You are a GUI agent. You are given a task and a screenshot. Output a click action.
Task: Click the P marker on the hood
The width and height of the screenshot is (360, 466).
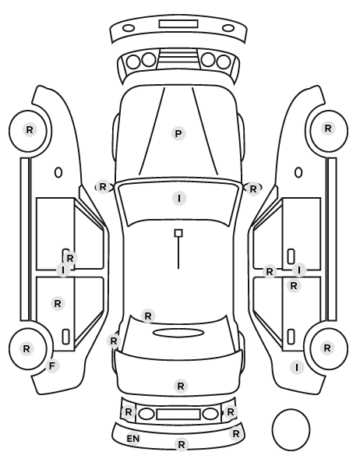tap(178, 134)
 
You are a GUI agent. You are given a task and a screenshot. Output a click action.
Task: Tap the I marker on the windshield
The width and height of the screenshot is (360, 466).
tap(179, 198)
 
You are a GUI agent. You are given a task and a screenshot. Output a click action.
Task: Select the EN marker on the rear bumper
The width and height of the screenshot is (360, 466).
tap(133, 439)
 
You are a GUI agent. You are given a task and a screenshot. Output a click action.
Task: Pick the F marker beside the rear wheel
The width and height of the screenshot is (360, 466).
tap(52, 366)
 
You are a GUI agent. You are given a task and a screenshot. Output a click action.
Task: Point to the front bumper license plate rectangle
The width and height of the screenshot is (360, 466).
tap(178, 24)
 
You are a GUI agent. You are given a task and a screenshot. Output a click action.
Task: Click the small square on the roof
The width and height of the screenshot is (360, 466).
tap(178, 233)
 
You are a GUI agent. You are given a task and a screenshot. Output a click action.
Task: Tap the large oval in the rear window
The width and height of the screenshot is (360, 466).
tap(178, 334)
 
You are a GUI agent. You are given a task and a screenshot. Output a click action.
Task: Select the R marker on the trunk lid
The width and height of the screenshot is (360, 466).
tap(181, 387)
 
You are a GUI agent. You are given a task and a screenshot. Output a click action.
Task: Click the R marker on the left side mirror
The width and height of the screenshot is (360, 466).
tap(103, 187)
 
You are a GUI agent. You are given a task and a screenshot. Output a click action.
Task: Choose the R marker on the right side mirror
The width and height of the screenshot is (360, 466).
tap(252, 189)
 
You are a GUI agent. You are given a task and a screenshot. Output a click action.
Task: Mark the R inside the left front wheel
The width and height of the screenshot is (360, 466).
tap(30, 130)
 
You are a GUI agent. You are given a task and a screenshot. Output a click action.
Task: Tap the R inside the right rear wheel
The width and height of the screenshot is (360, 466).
tap(327, 348)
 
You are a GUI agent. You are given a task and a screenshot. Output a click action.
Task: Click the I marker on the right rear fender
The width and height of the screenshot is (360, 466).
tap(297, 368)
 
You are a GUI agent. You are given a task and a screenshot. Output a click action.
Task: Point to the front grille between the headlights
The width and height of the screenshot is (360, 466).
tap(178, 58)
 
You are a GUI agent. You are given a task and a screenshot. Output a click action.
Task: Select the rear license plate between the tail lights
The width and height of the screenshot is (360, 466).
tap(178, 415)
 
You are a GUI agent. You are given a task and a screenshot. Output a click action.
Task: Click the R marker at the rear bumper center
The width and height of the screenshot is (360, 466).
tap(182, 445)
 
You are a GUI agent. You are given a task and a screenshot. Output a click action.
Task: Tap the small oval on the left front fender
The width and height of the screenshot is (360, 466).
tap(58, 172)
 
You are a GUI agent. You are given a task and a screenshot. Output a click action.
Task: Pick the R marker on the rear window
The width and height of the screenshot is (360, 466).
tap(148, 316)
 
